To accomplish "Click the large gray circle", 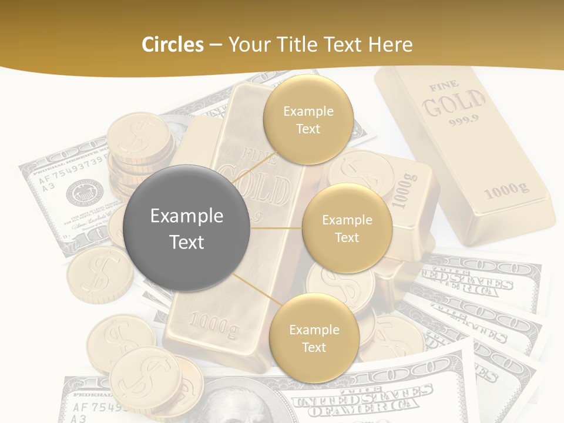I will tap(187, 228).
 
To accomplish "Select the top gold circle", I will tap(308, 119).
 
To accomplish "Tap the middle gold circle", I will tap(347, 228).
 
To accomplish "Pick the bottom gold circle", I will tap(314, 338).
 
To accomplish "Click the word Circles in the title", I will tap(173, 44).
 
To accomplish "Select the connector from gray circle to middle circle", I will tap(276, 228).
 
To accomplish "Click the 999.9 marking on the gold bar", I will tap(464, 122).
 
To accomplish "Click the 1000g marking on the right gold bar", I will tap(506, 189).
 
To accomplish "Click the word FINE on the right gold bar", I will tap(444, 86).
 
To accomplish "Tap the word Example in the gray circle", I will tap(187, 216).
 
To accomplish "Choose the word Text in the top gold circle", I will tap(308, 129).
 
